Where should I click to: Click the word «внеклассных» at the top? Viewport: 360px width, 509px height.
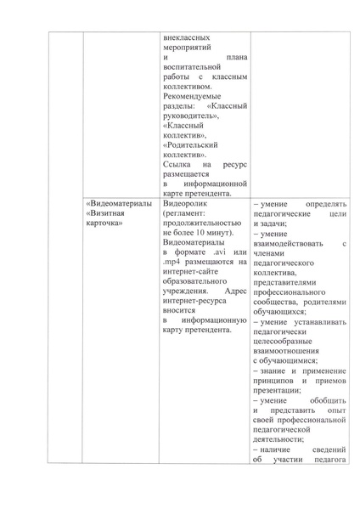coord(186,37)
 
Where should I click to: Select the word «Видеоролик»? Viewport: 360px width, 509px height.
coord(186,205)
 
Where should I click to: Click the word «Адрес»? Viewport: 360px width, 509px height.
coord(230,291)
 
